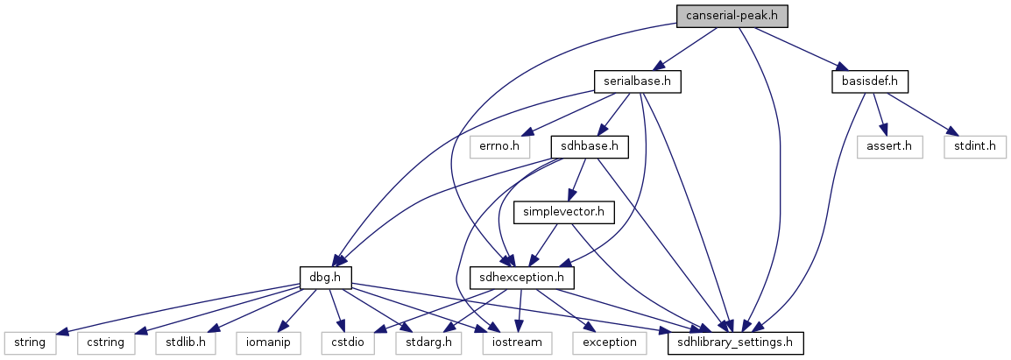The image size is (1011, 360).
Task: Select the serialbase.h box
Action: point(637,81)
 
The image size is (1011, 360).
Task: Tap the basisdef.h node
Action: point(868,81)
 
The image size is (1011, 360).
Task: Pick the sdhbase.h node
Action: point(590,146)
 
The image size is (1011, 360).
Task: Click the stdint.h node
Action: point(975,146)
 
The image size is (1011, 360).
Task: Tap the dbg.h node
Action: point(325,278)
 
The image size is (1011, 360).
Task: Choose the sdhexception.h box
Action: point(522,278)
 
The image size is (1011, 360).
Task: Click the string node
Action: point(30,342)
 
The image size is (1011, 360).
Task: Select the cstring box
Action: point(106,342)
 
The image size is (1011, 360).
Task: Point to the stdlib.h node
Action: point(186,342)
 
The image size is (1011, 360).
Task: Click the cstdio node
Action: point(349,342)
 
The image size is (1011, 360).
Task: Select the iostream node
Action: point(517,342)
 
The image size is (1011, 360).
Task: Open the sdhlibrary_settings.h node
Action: point(735,342)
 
